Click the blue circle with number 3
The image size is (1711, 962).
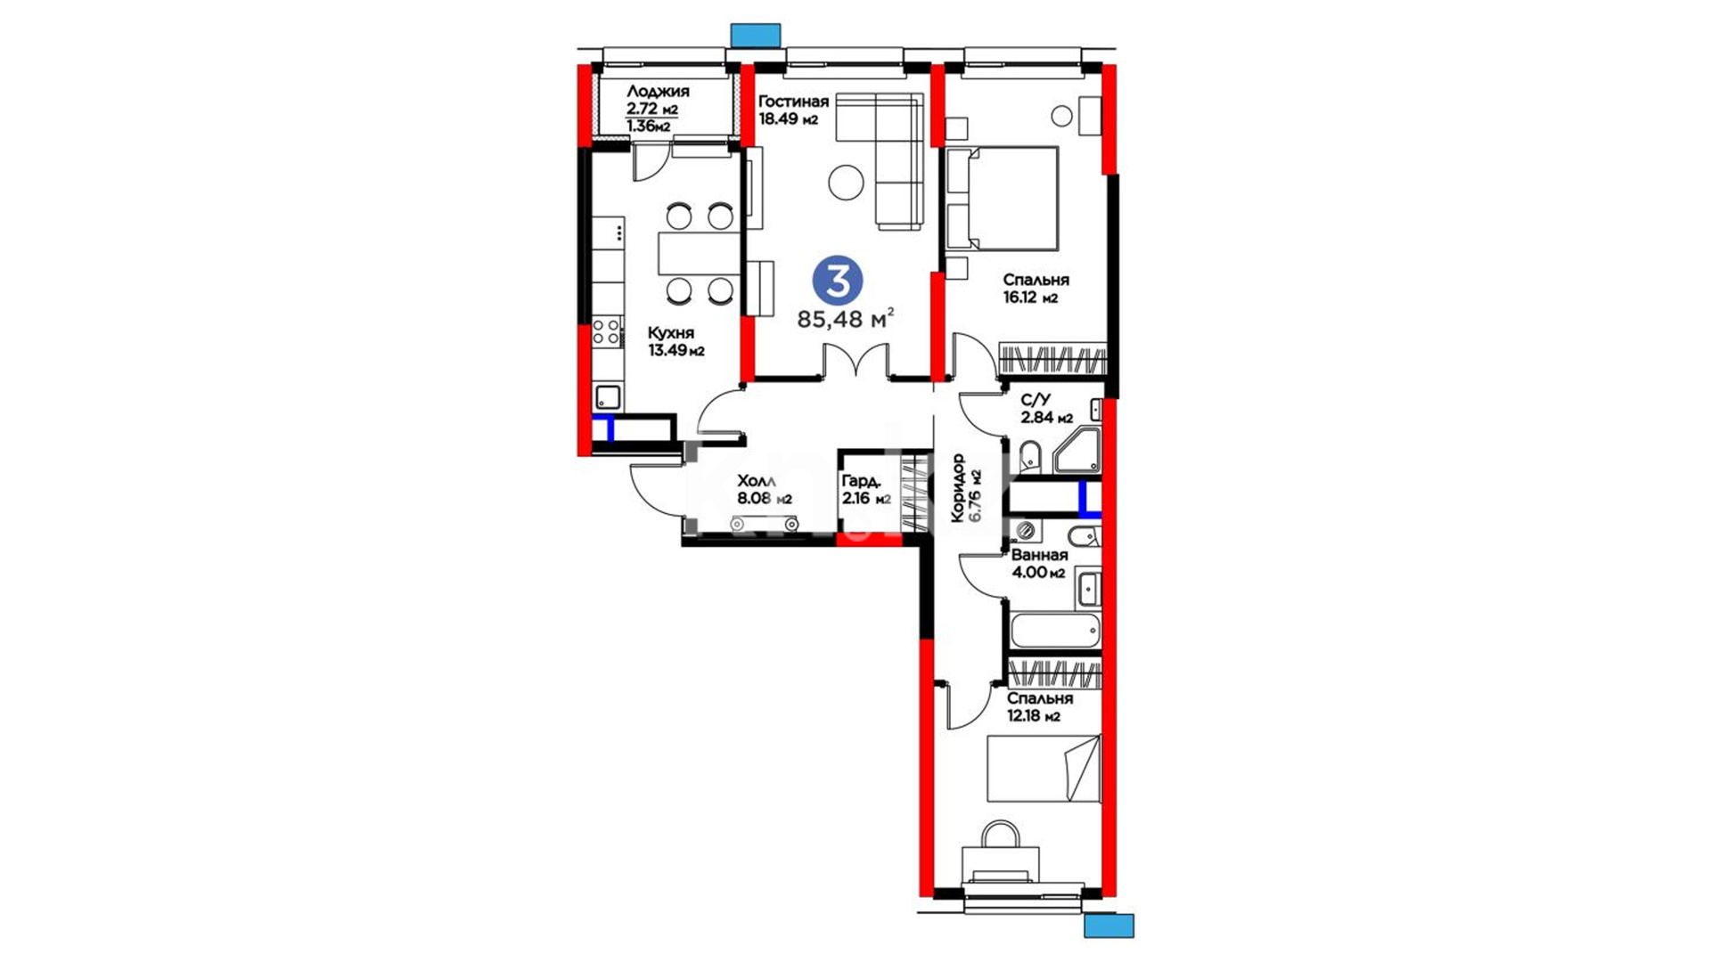pyautogui.click(x=838, y=281)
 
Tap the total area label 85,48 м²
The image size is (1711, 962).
pyautogui.click(x=845, y=319)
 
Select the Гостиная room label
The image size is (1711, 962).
pyautogui.click(x=793, y=102)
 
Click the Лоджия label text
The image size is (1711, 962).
pyautogui.click(x=658, y=92)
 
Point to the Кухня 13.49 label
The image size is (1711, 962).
pyautogui.click(x=675, y=341)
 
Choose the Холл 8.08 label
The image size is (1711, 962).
pyautogui.click(x=764, y=490)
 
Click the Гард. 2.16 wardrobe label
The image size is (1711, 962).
pyautogui.click(x=866, y=490)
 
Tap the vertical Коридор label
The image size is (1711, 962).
pyautogui.click(x=966, y=488)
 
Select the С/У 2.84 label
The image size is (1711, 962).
pyautogui.click(x=1046, y=409)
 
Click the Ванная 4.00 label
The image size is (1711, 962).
pyautogui.click(x=1039, y=564)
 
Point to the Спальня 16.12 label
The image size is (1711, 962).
pyautogui.click(x=1036, y=289)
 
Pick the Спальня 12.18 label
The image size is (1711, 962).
pyautogui.click(x=1039, y=707)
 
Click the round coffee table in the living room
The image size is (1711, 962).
pyautogui.click(x=846, y=183)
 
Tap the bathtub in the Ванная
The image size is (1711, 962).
pyautogui.click(x=1054, y=630)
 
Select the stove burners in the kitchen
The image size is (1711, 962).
pyautogui.click(x=607, y=331)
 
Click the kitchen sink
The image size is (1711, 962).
pyautogui.click(x=608, y=397)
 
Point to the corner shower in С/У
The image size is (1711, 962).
pyautogui.click(x=1077, y=451)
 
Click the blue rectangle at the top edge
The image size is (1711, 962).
pyautogui.click(x=756, y=35)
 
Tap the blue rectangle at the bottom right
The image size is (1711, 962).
pyautogui.click(x=1109, y=925)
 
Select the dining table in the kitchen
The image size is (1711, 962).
pyautogui.click(x=700, y=253)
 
